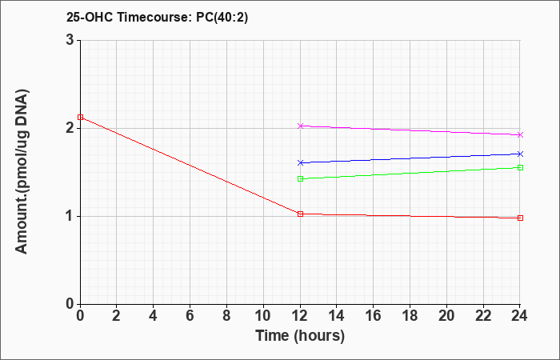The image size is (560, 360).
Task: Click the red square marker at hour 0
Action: pos(80,117)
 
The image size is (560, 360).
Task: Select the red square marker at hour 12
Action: pos(300,214)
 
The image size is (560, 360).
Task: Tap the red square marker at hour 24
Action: pos(520,218)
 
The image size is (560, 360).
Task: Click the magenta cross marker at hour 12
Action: pos(300,126)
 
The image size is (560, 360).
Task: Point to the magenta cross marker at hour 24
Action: pos(520,134)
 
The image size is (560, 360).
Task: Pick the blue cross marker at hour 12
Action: pos(300,163)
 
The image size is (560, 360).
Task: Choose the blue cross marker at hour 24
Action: pos(520,154)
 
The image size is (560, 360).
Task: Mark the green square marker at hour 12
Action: pos(300,178)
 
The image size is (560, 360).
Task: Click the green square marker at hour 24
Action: pos(520,167)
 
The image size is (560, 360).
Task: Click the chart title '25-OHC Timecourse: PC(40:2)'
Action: pos(157,17)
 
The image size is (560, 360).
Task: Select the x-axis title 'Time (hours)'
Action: pos(300,336)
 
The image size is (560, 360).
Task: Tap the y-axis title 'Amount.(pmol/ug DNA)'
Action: pos(22,171)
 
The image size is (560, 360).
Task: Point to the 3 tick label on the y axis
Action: pos(70,40)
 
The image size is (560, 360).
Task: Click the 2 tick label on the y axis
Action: pos(70,128)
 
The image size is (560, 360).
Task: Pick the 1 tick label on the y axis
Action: pos(70,216)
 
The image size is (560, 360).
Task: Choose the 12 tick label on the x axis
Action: pos(300,316)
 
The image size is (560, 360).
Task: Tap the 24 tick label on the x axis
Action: pos(519,316)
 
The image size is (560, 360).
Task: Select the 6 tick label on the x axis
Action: pos(190,316)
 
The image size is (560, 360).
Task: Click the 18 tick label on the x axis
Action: pos(410,316)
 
